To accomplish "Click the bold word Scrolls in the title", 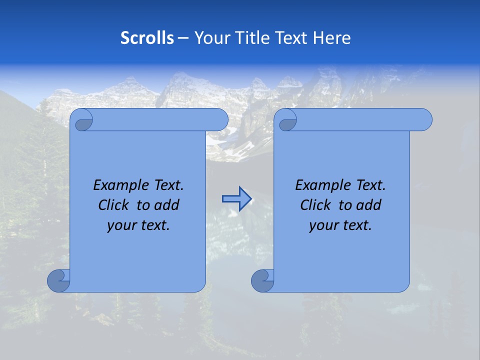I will point(147,38).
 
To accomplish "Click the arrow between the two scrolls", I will point(236,199).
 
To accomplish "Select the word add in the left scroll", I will point(167,205).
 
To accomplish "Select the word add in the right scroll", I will point(369,205).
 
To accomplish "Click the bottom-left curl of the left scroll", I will point(59,280).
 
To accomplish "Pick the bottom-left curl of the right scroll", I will point(263,280).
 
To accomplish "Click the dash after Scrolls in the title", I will point(183,38).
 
